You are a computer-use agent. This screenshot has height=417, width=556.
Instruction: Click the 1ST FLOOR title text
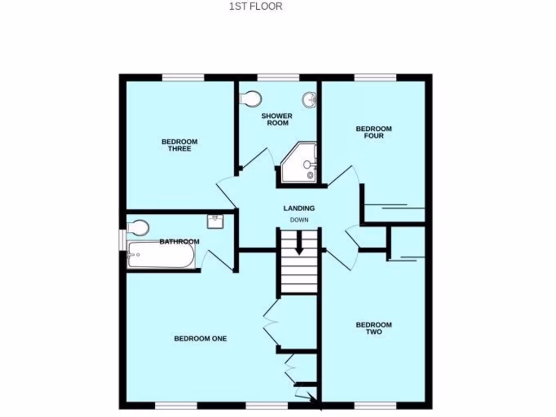tap(255, 7)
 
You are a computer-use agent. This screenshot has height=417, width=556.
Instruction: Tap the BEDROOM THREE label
tap(179, 145)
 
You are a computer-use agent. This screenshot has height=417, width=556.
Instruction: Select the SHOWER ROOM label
tap(276, 119)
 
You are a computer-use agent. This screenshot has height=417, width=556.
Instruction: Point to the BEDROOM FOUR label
tap(373, 132)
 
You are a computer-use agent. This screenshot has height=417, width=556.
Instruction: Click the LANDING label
tap(299, 208)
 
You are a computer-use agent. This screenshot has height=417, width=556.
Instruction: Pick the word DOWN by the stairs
tap(299, 220)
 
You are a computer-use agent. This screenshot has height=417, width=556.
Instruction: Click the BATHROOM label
tap(179, 242)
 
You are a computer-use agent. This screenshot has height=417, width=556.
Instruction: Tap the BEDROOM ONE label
tap(200, 338)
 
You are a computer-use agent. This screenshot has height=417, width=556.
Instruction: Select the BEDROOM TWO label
tap(373, 328)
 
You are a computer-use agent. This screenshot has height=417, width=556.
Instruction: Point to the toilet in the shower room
tap(251, 99)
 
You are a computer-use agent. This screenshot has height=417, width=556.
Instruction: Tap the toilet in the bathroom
tap(137, 227)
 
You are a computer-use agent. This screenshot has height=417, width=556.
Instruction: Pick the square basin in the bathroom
tap(215, 221)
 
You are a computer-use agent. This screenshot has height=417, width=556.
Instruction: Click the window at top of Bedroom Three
tap(183, 77)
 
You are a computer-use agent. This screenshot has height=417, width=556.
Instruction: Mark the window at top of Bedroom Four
tap(375, 77)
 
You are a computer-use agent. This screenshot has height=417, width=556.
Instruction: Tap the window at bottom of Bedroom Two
tap(375, 405)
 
